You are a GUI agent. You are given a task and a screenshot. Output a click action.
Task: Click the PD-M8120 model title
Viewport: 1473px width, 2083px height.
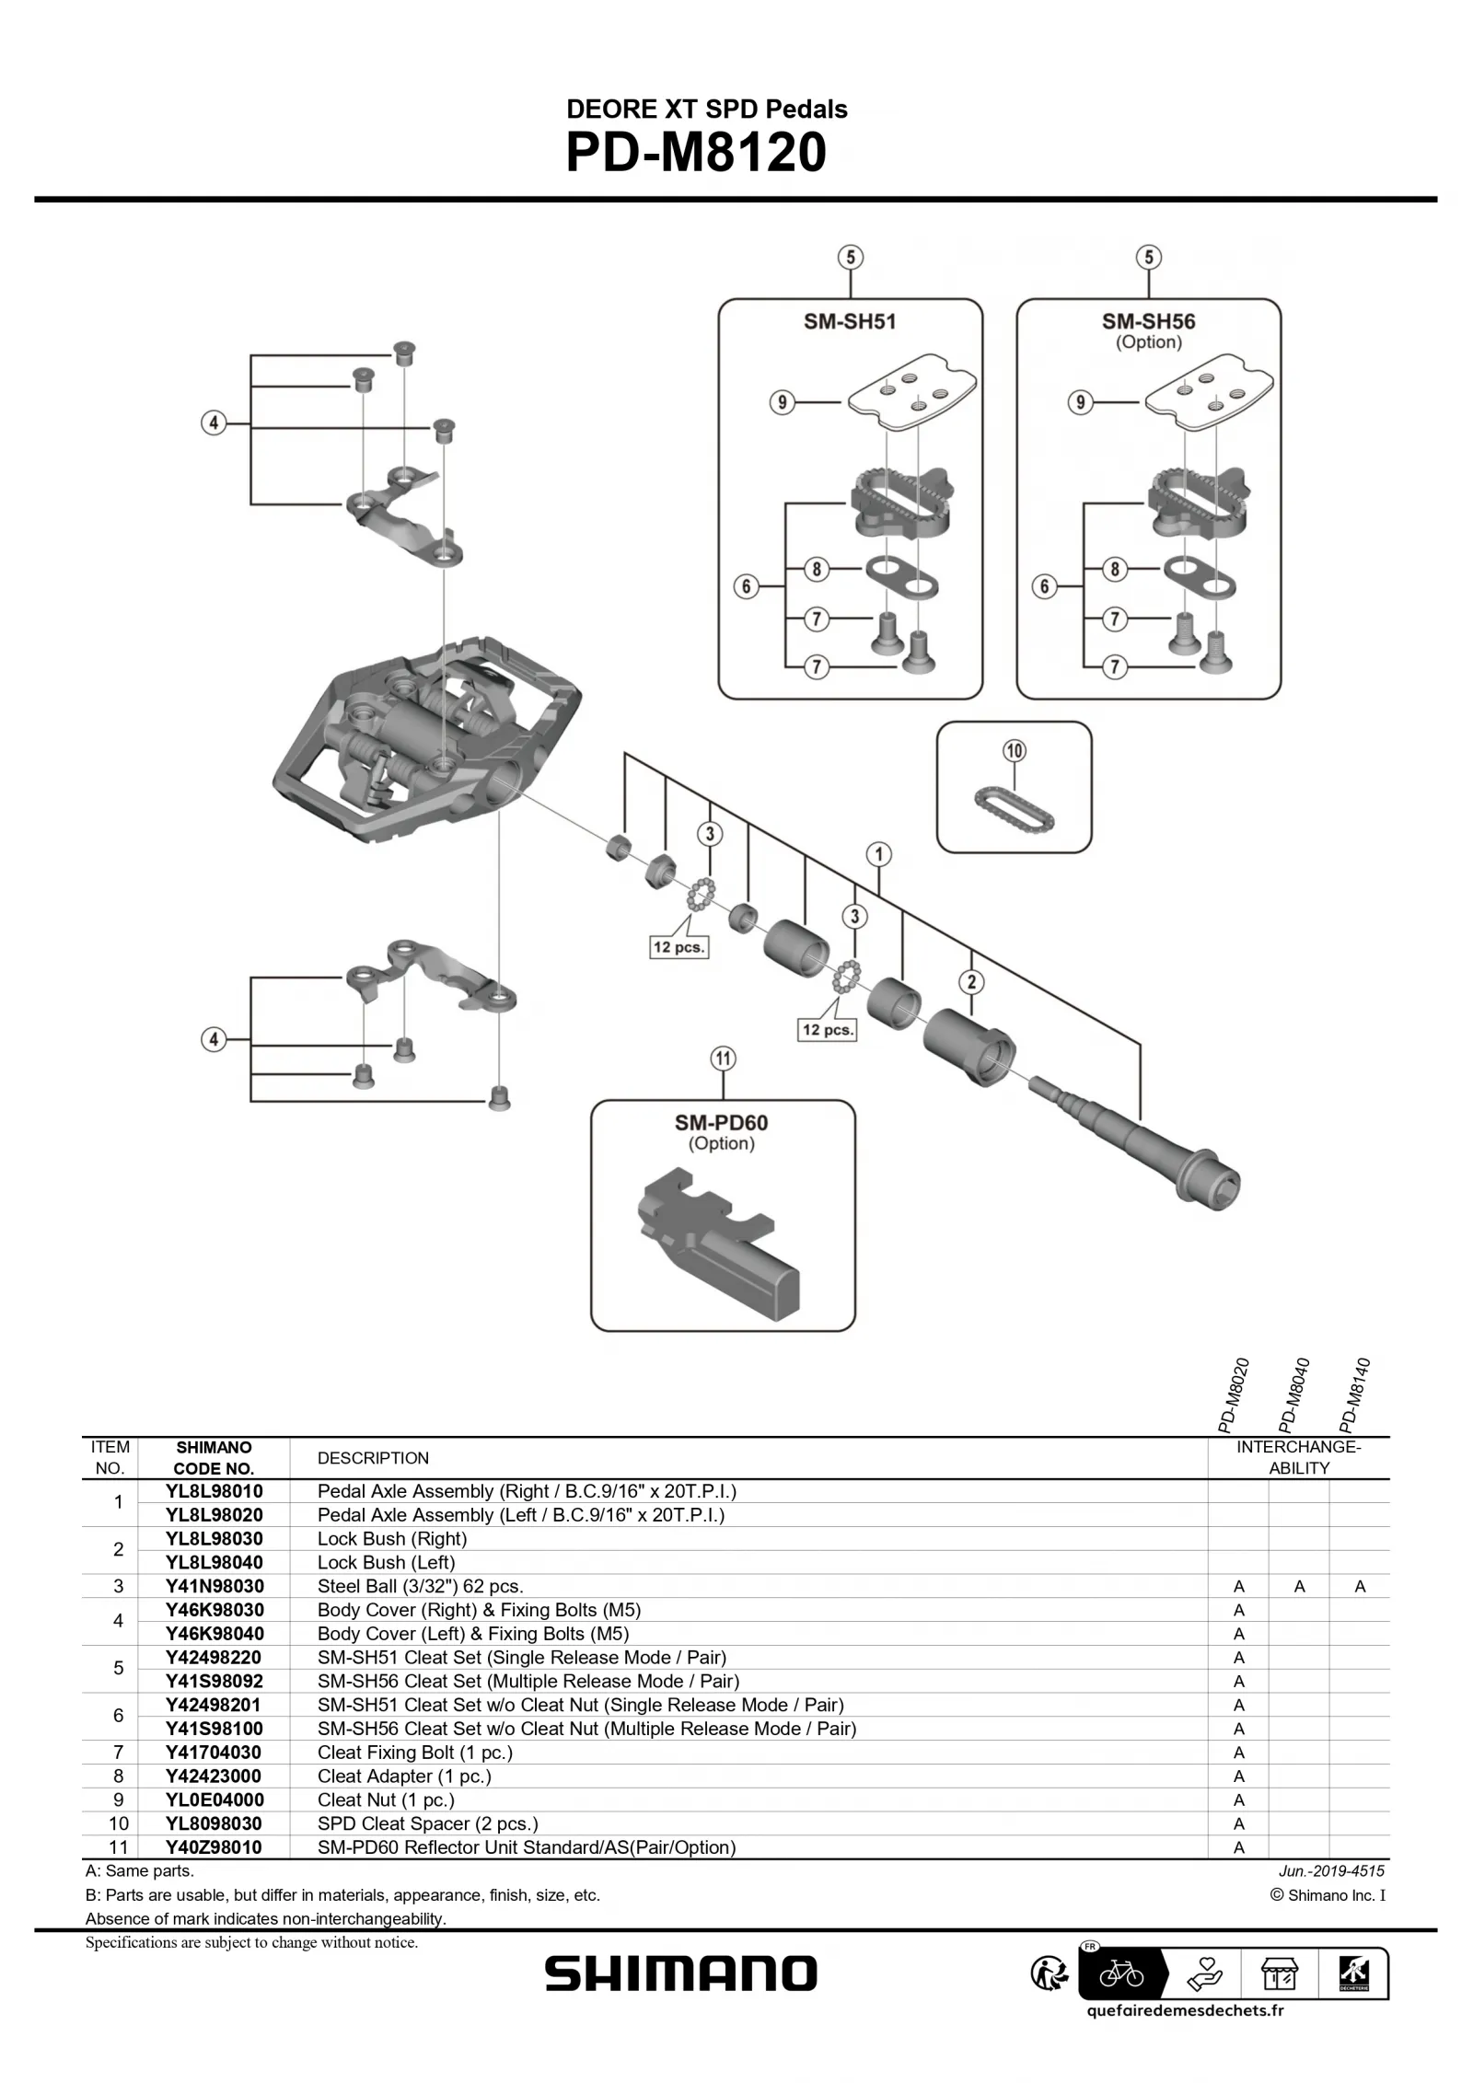coord(695,153)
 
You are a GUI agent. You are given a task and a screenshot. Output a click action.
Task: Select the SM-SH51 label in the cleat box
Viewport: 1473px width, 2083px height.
coord(849,321)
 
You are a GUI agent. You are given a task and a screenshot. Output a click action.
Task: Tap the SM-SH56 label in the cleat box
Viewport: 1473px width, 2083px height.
coord(1148,321)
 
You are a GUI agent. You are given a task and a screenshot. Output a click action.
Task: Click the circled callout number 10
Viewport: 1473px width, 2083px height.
coord(1014,751)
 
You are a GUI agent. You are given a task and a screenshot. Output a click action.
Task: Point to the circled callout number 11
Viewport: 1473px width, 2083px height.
coord(723,1059)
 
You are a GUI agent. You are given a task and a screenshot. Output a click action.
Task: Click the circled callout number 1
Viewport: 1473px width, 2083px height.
coord(878,854)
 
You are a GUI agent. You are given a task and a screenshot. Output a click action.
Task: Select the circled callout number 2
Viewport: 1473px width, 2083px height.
coord(970,982)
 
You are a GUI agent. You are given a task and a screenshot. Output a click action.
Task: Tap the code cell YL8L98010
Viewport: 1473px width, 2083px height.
coord(214,1491)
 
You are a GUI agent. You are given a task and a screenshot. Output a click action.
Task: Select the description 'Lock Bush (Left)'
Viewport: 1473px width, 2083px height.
coord(386,1562)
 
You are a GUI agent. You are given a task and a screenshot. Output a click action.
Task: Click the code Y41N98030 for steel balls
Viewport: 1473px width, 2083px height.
coord(214,1586)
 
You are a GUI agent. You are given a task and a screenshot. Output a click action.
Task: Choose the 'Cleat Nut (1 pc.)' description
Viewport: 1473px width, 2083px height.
coord(386,1799)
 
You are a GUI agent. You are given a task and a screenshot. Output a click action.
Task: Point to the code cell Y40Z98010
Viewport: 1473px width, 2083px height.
coord(214,1846)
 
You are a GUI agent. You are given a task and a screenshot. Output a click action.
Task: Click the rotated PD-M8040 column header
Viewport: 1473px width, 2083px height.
coord(1295,1394)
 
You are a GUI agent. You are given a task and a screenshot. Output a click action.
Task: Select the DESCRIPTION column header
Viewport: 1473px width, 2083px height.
coord(373,1458)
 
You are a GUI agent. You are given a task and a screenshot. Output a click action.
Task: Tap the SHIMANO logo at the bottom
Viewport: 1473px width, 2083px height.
coord(680,1973)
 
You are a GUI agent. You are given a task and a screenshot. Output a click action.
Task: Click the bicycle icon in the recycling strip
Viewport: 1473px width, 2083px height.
coord(1120,1973)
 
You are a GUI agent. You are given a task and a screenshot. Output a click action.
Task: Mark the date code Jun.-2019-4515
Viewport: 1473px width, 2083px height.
coord(1331,1870)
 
